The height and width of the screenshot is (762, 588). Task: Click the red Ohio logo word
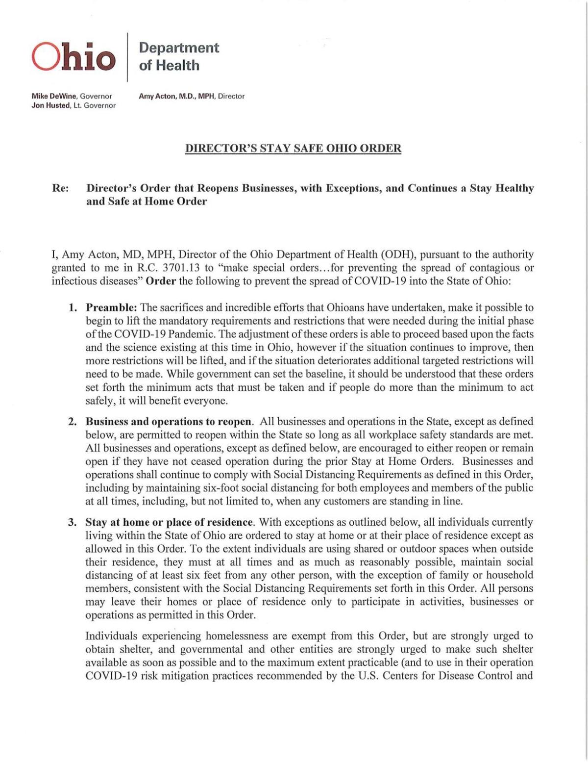click(x=74, y=56)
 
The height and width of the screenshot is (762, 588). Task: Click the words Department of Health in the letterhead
click(x=178, y=56)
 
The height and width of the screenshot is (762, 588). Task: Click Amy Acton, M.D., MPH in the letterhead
click(x=177, y=96)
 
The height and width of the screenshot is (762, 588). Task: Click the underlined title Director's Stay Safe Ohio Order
click(x=293, y=148)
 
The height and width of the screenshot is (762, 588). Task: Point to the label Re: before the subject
click(x=60, y=188)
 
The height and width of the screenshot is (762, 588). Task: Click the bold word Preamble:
click(x=112, y=308)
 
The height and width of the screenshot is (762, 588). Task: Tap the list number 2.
click(x=73, y=422)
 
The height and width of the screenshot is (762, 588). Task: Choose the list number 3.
click(x=73, y=522)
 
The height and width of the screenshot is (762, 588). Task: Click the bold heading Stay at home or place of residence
click(x=170, y=522)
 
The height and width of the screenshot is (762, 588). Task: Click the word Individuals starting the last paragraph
click(x=111, y=636)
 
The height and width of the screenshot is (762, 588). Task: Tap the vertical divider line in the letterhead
click(x=127, y=57)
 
